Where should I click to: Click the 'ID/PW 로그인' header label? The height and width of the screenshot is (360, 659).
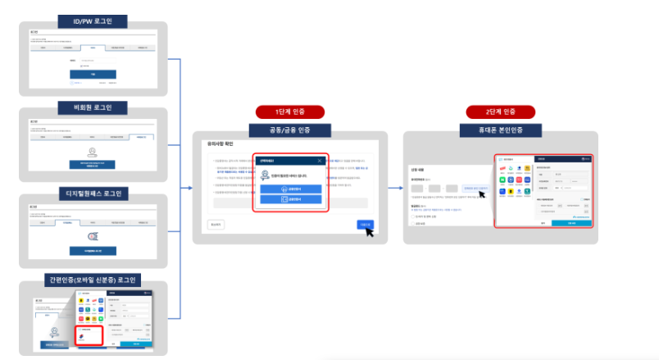[92, 21]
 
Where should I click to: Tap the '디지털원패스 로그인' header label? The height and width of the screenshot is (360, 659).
[92, 194]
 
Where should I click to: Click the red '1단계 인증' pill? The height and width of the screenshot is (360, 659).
[290, 112]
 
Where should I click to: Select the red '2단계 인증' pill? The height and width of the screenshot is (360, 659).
[500, 112]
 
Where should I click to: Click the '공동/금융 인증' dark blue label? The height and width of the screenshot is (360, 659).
[290, 130]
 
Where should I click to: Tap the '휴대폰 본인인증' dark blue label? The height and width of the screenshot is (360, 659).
[500, 130]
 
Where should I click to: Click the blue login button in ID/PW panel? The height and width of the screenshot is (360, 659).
[93, 73]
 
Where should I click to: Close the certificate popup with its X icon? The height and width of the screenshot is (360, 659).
[320, 161]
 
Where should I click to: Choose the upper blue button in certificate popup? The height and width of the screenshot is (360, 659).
[291, 188]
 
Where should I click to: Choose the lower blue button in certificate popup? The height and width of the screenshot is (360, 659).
[291, 199]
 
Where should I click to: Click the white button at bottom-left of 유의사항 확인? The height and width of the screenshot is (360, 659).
[215, 223]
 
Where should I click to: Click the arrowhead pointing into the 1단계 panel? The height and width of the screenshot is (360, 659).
[190, 188]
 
